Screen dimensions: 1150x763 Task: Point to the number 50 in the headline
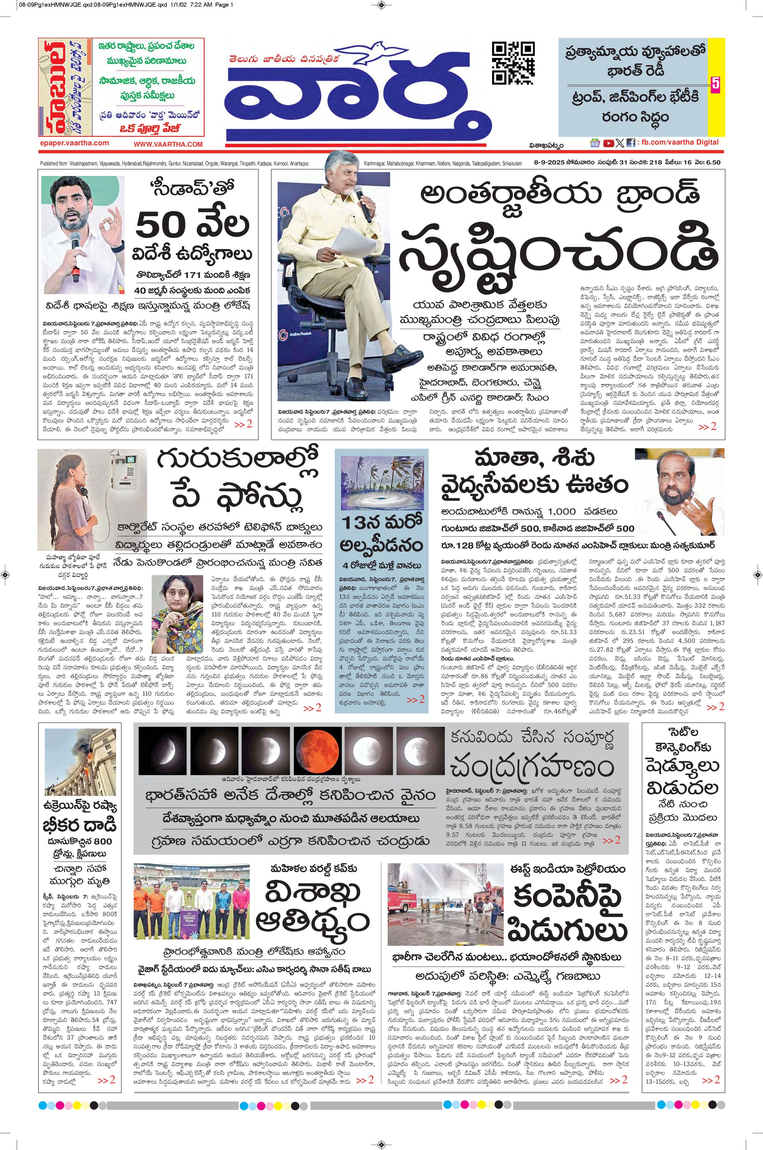[162, 225]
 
